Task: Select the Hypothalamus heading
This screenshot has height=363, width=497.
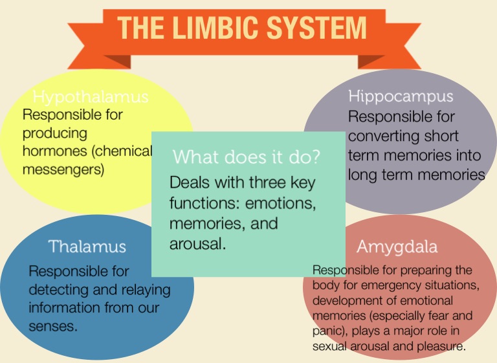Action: (91, 97)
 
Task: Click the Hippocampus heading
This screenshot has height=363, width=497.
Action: (401, 97)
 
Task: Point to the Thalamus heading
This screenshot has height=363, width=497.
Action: (87, 246)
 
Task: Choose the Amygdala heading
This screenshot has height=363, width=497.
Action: (397, 247)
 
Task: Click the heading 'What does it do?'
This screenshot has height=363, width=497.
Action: (247, 157)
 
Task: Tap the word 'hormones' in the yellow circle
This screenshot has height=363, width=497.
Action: (54, 152)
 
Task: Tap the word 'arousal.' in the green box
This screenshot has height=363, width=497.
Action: (198, 245)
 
